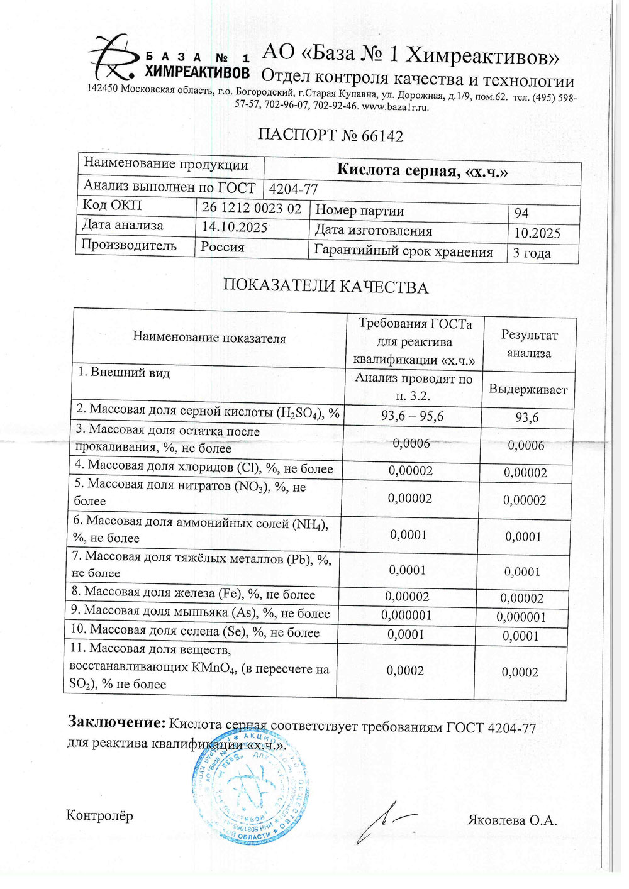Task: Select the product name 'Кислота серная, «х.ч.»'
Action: coord(422,170)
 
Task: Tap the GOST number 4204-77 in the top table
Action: coord(293,189)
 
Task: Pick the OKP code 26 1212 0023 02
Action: coord(251,208)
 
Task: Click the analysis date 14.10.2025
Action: coord(234,227)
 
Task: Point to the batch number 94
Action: coord(521,213)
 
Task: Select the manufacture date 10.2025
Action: coord(537,233)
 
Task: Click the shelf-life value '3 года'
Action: coord(532,253)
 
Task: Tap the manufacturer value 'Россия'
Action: coord(222,247)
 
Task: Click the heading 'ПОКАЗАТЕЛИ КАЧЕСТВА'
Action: coord(325,287)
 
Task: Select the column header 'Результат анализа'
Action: coord(528,344)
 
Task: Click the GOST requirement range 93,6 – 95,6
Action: coord(412,416)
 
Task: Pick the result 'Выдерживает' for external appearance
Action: coord(528,389)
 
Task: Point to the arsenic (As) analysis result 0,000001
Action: coord(521,617)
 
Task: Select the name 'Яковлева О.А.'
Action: coord(512,820)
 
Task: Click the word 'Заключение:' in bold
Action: coord(116,722)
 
